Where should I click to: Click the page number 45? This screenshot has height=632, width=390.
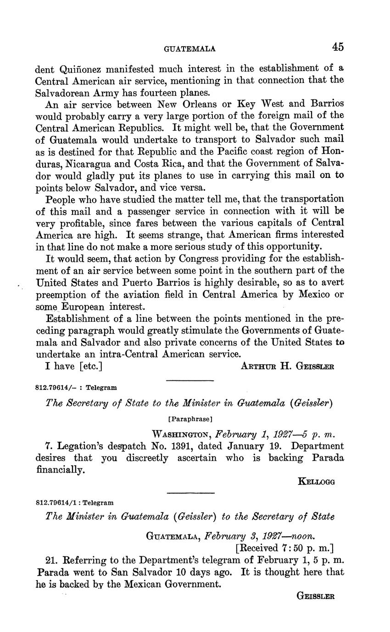point(338,47)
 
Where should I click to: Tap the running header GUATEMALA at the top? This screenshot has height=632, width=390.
point(189,49)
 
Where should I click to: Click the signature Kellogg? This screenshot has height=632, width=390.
point(317,482)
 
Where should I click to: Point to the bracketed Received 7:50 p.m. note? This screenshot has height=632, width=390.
point(284,548)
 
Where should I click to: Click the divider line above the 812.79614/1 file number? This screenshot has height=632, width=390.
point(190,493)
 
